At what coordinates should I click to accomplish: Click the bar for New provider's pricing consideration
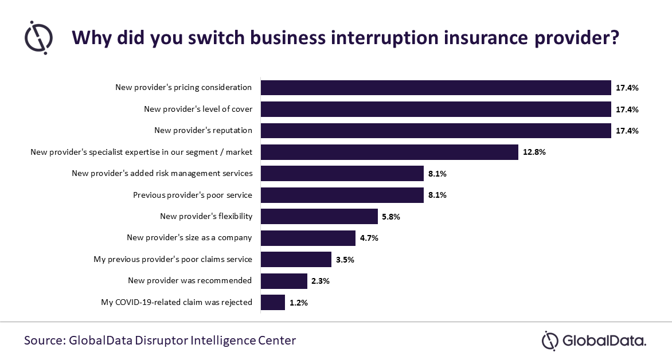click(436, 88)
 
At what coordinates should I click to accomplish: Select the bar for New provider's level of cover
click(436, 109)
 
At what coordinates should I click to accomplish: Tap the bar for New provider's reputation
click(436, 131)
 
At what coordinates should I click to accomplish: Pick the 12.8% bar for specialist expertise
click(390, 152)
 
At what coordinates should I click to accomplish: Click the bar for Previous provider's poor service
click(342, 195)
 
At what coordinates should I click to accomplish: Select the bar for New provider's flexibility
click(319, 217)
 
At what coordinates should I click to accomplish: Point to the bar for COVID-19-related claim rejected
click(273, 302)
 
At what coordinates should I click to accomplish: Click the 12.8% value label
click(534, 152)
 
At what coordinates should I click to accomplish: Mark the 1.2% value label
click(299, 303)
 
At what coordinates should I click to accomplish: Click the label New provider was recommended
click(190, 281)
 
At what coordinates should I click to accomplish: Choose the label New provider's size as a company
click(189, 238)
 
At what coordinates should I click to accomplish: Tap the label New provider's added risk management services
click(162, 173)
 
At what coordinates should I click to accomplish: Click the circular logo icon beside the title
click(39, 37)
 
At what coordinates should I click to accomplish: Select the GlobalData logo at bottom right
click(594, 340)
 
